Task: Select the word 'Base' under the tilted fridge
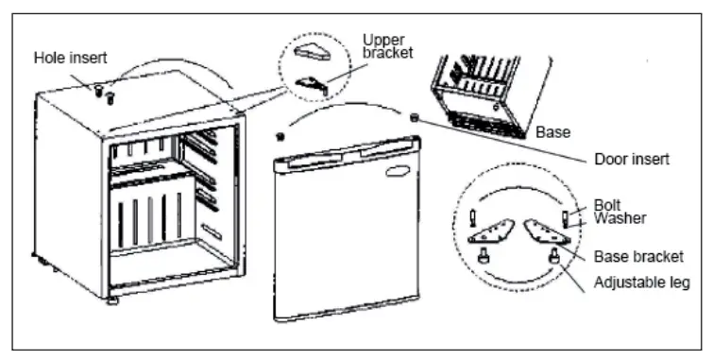click(x=552, y=133)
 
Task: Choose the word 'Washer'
click(x=620, y=218)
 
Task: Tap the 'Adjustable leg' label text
click(x=641, y=282)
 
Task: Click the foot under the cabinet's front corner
click(x=113, y=301)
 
